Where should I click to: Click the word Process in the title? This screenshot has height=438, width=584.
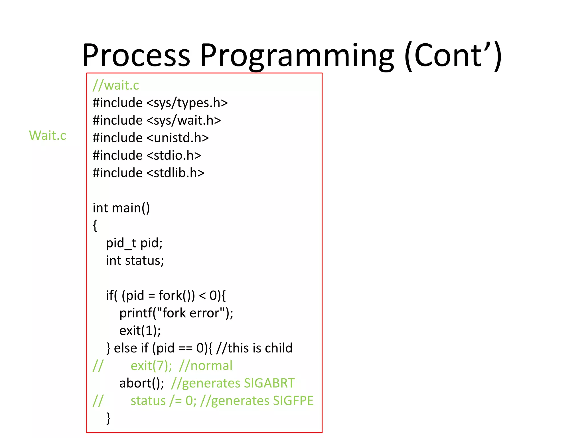[136, 55]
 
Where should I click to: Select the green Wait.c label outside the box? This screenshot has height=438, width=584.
[47, 135]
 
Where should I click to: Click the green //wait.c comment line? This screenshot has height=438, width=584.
[116, 85]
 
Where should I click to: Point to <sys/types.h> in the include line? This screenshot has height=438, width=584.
[187, 103]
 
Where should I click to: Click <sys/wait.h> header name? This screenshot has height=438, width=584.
[184, 120]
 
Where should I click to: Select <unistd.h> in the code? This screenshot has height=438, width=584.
[178, 138]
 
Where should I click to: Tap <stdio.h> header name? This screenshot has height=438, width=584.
[174, 155]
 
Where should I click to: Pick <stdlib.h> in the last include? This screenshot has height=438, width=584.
[175, 173]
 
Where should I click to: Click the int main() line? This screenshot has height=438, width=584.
[121, 208]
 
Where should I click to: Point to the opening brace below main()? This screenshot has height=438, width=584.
[95, 226]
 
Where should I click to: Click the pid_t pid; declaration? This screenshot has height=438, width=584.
[134, 243]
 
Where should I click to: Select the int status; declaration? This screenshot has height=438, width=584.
[135, 261]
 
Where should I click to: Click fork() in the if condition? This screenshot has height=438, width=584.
[177, 295]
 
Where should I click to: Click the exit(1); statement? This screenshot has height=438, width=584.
[140, 331]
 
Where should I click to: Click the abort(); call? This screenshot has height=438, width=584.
[142, 383]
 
